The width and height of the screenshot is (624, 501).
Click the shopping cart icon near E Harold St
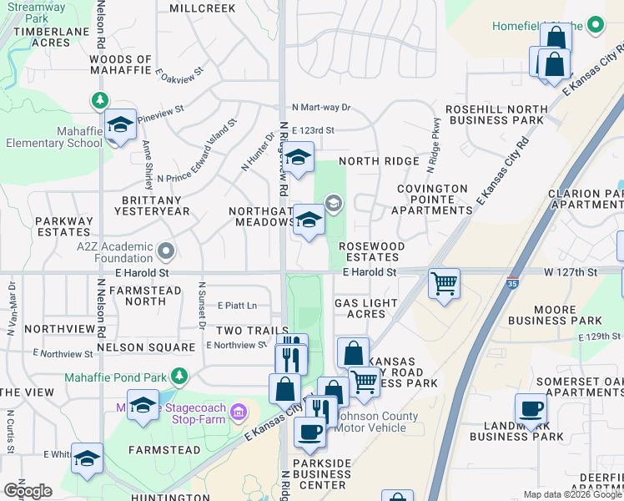click(x=445, y=282)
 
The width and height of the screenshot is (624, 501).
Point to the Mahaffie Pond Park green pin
click(x=179, y=377)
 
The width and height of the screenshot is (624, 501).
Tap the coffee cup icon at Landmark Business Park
click(x=531, y=409)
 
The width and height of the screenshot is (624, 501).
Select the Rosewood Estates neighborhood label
click(x=371, y=251)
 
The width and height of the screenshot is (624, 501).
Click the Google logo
click(x=28, y=490)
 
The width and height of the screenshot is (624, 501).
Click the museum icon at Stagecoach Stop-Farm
click(x=238, y=411)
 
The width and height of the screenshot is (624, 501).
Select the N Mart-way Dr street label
click(x=322, y=108)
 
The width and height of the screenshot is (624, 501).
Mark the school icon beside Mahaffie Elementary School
click(x=121, y=126)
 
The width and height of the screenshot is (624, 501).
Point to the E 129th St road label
click(x=600, y=337)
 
